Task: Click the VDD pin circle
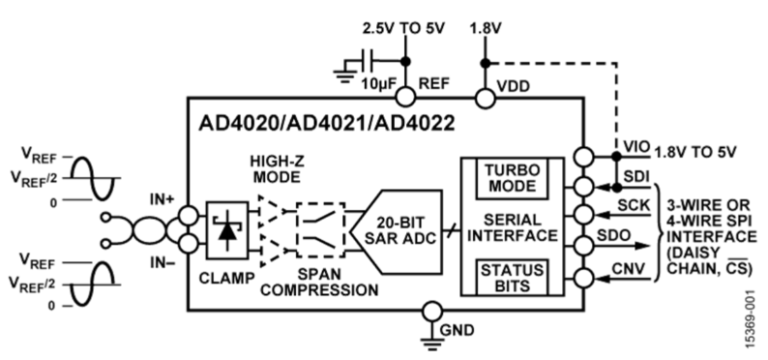click(483, 96)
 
